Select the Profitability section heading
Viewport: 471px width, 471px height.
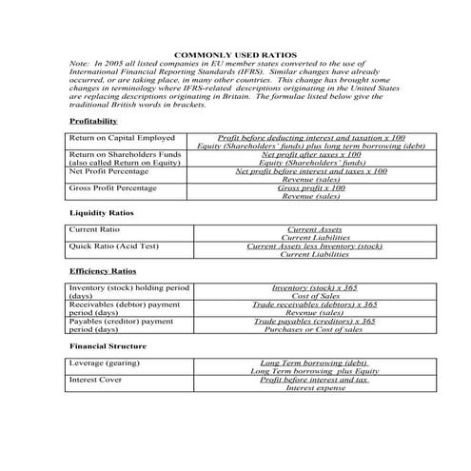93,122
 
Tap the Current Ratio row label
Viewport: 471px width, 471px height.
95,230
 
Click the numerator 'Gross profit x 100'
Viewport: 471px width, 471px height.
311,188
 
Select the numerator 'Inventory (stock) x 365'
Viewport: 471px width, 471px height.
314,287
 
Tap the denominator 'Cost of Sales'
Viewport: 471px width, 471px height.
314,296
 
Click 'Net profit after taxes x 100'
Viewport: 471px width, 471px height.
311,155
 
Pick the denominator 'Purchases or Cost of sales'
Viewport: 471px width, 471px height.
314,329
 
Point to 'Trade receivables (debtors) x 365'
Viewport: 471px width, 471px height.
314,304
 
